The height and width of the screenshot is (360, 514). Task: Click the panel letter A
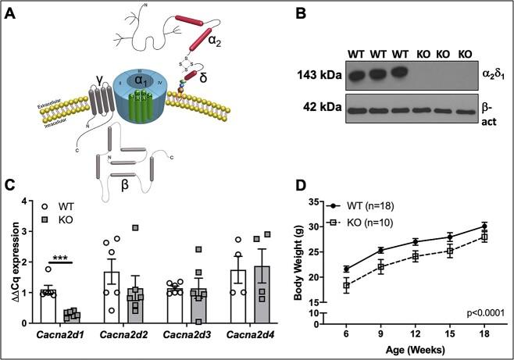pyautogui.click(x=12, y=13)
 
